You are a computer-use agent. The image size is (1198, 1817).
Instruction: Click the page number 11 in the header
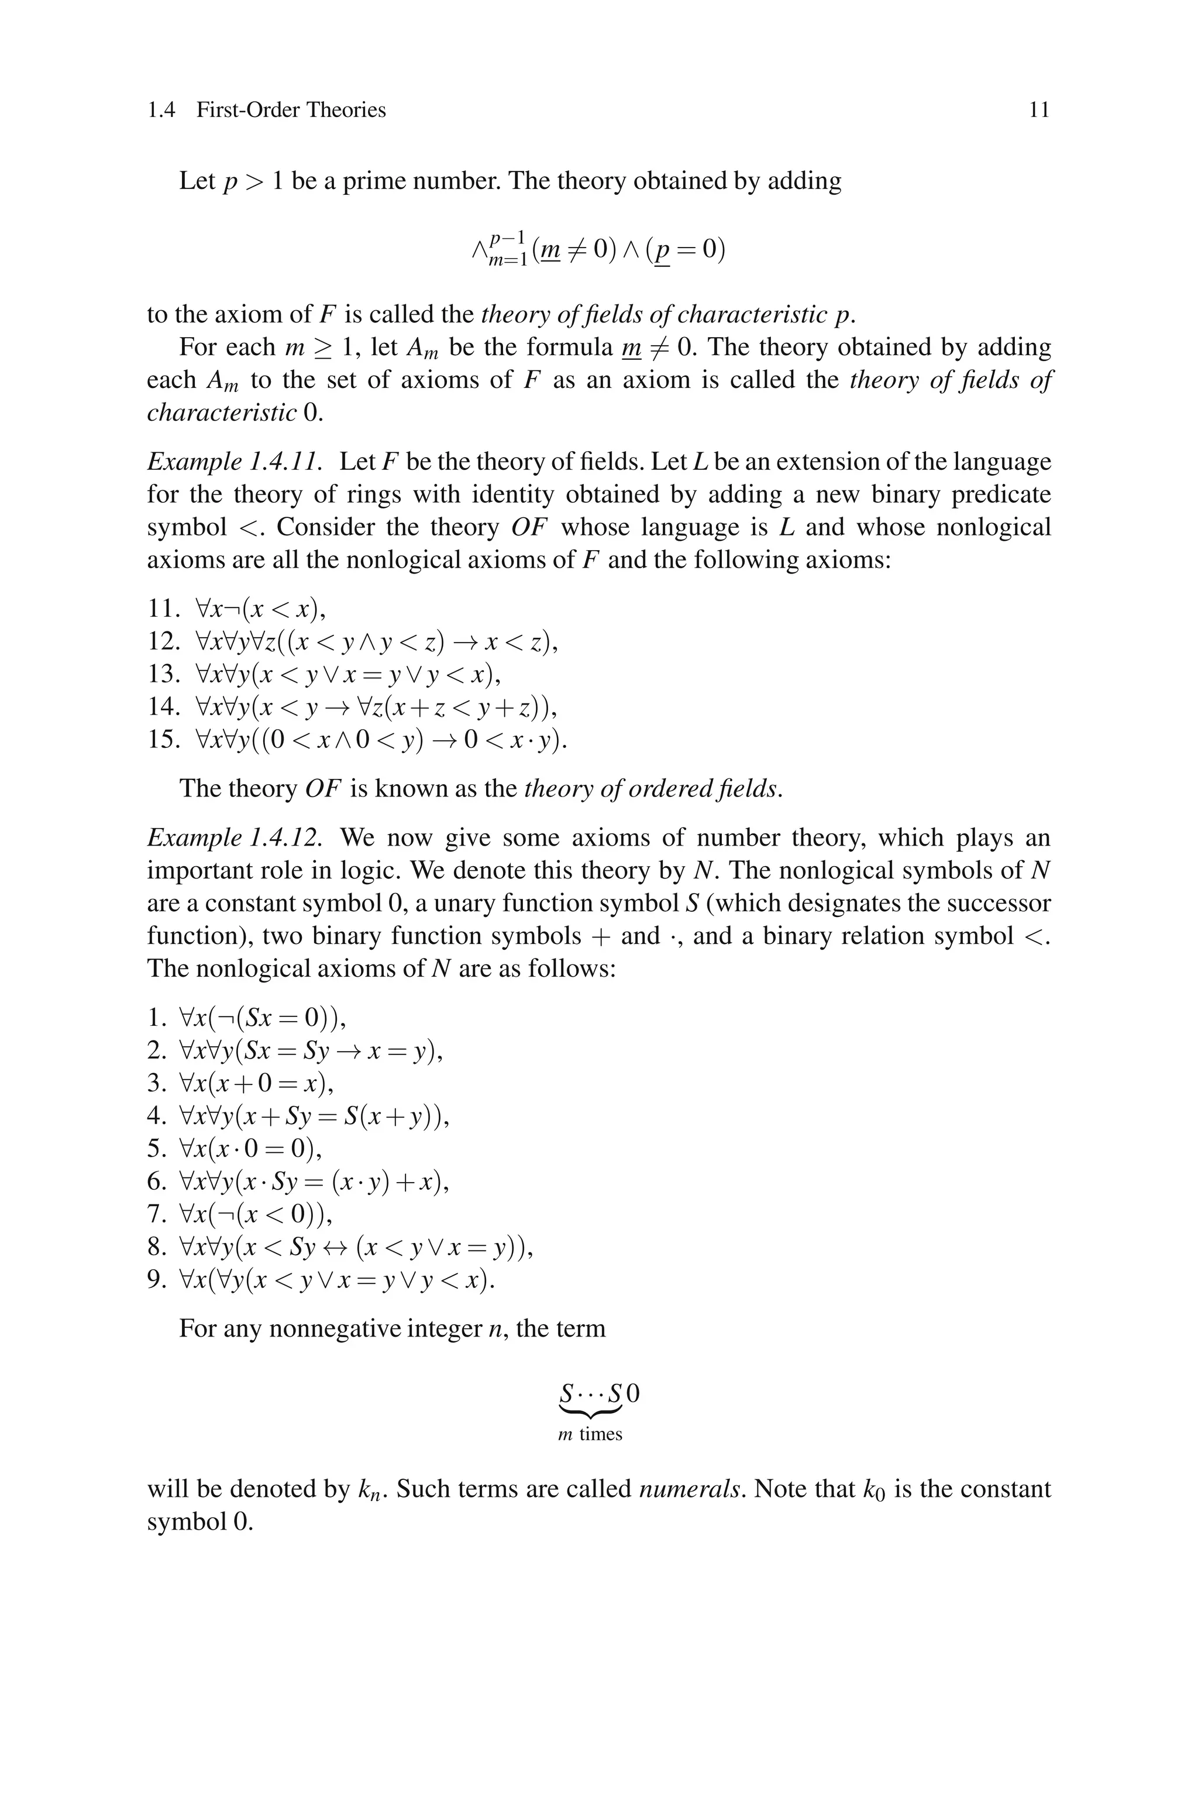[x=1039, y=110]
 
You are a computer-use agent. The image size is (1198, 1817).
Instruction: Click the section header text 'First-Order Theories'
[x=291, y=110]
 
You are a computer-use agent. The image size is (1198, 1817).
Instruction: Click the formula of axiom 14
[x=376, y=707]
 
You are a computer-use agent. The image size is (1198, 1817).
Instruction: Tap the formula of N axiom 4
[x=314, y=1117]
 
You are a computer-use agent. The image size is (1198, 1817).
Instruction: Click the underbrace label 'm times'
[x=590, y=1434]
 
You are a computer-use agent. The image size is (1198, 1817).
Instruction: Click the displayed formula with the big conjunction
[x=598, y=250]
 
